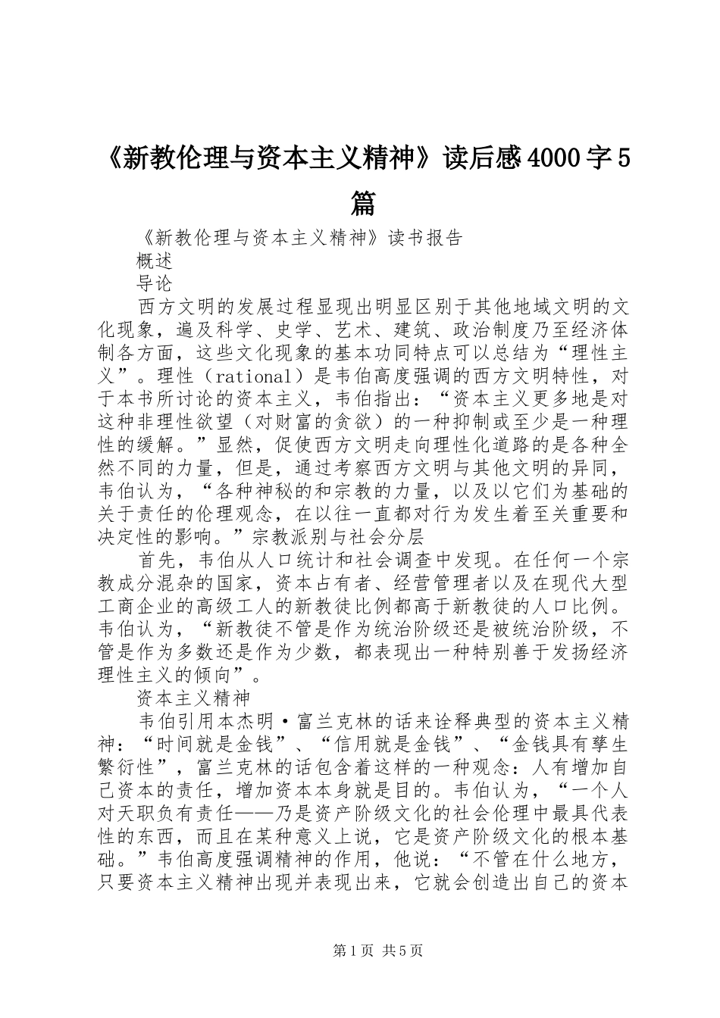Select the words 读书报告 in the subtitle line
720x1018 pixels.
pyautogui.click(x=425, y=238)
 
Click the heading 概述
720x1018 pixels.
pyautogui.click(x=155, y=261)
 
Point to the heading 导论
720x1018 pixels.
pyautogui.click(x=155, y=284)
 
